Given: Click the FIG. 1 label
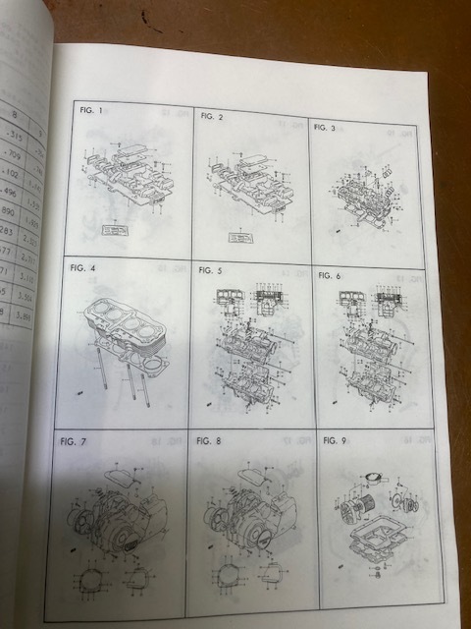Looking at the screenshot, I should (x=91, y=111).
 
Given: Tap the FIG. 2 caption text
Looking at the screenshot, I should (x=211, y=116).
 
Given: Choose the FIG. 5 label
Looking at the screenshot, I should (x=210, y=269).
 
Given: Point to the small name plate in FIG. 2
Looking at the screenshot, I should (x=238, y=236).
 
